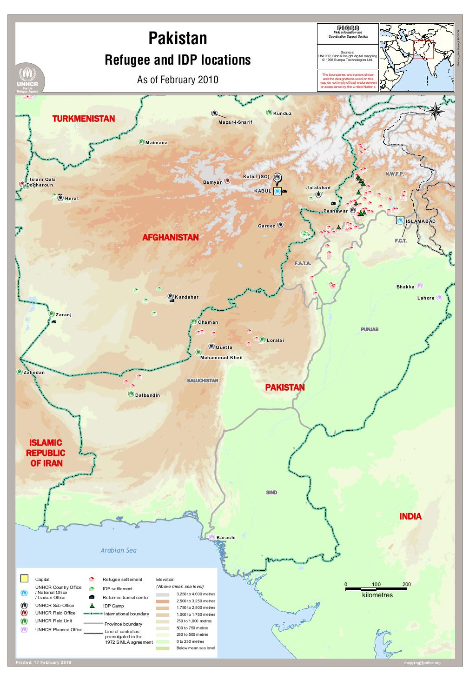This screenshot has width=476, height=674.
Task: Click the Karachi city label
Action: tap(226, 537)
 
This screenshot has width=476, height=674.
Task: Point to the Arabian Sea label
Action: tap(119, 550)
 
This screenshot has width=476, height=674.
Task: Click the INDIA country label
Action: tap(410, 516)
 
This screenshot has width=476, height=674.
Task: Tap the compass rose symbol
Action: tap(436, 111)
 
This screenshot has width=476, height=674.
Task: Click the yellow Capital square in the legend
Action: tap(24, 579)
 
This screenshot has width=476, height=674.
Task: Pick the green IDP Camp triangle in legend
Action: tap(92, 606)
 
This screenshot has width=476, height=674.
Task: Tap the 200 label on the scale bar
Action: tap(407, 584)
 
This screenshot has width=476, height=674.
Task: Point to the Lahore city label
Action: tap(425, 298)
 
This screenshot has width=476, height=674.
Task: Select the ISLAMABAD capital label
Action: tap(421, 221)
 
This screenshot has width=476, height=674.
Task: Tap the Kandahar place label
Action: tap(186, 297)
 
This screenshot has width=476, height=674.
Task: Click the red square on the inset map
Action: tap(423, 50)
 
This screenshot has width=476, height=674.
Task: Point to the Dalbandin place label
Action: tap(147, 395)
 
